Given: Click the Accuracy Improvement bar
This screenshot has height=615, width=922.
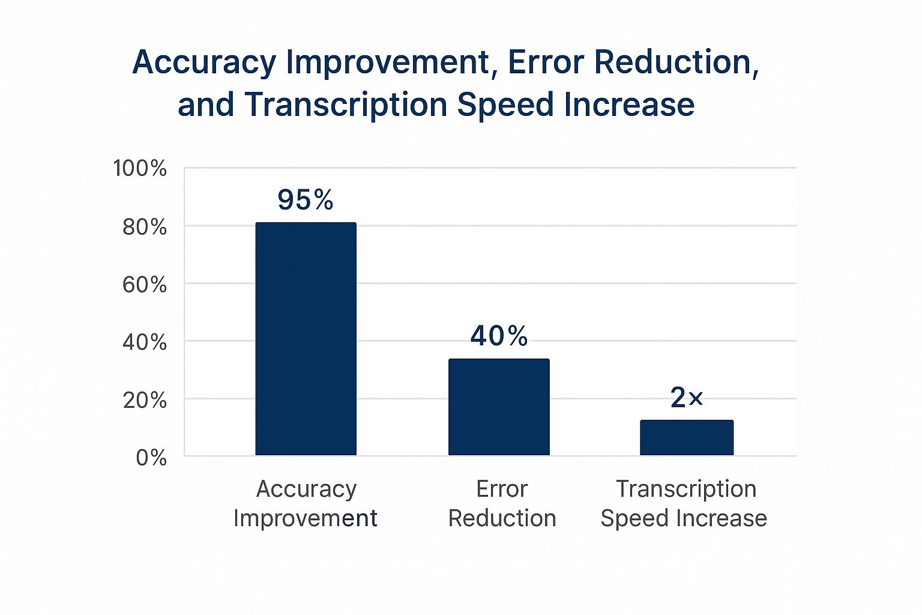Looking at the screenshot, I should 306,339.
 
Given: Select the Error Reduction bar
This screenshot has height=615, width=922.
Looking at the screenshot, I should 499,407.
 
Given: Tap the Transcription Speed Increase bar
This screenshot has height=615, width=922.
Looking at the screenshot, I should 686,437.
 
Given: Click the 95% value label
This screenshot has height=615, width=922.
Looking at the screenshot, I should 305,200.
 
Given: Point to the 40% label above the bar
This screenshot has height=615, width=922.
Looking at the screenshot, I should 499,336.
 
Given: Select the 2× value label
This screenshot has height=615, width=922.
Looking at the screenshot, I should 686,398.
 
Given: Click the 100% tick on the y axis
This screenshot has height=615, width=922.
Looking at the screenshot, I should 140,168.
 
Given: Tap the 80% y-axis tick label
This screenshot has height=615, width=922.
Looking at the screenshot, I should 145,227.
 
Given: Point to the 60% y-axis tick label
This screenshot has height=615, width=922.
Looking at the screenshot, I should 145,285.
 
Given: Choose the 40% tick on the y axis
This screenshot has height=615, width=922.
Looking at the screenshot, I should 145,342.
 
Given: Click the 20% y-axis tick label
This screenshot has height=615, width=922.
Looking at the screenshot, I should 145,400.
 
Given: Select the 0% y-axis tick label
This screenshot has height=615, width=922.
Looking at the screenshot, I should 151,458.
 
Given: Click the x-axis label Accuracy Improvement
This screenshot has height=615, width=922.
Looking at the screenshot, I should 306,503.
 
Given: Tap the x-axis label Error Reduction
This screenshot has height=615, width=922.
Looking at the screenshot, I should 502,503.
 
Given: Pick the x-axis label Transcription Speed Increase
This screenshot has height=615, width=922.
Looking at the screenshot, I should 684,503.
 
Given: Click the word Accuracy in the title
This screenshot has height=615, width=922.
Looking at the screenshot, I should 204,62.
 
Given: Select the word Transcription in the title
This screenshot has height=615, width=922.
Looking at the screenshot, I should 346,105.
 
